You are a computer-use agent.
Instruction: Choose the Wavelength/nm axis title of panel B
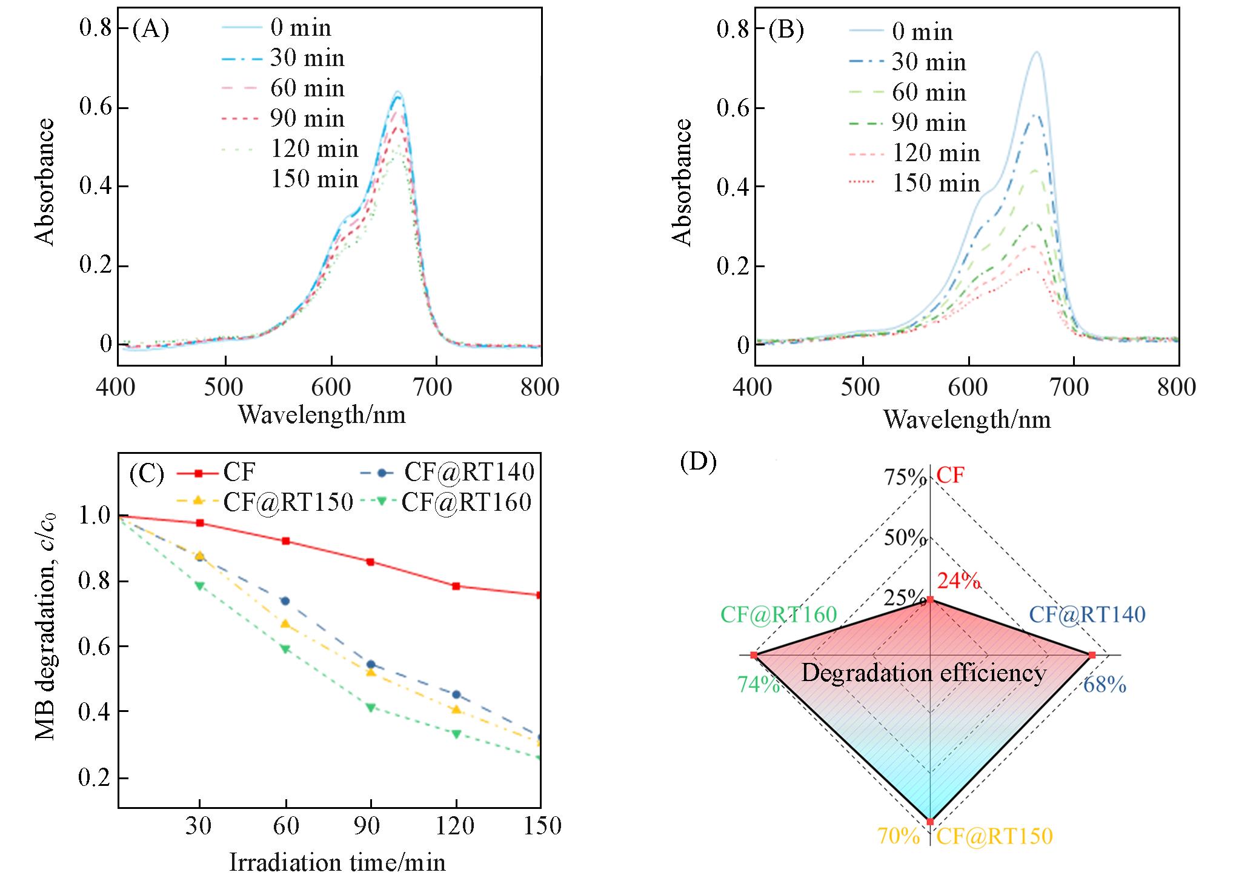(967, 419)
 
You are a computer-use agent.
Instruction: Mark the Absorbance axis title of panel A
(45, 182)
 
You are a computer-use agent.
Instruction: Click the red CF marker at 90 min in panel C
(371, 562)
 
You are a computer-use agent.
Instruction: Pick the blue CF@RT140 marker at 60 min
(285, 600)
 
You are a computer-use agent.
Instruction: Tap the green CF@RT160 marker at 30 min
(200, 585)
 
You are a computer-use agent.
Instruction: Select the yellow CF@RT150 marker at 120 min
(456, 709)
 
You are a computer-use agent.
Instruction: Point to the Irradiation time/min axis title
(337, 862)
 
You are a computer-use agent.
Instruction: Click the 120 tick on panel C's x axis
(456, 825)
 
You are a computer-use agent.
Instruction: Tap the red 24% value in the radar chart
(959, 581)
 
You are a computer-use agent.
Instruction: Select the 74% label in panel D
(759, 685)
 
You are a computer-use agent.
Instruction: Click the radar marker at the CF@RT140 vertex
(1092, 655)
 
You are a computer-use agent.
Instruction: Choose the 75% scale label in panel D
(905, 478)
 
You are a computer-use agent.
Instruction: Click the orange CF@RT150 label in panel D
(995, 836)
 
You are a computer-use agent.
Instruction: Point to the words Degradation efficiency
(923, 673)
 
